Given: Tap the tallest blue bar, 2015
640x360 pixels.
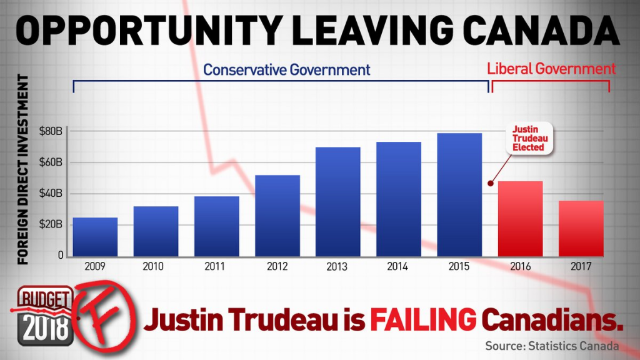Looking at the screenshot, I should [x=459, y=194].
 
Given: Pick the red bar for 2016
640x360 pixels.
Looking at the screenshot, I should [x=520, y=218].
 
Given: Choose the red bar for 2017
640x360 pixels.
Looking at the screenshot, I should [x=581, y=228].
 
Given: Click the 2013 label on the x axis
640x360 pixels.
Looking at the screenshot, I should [x=337, y=266].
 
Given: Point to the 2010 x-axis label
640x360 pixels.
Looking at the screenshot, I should [x=156, y=266].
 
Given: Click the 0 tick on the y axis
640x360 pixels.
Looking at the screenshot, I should [x=61, y=255].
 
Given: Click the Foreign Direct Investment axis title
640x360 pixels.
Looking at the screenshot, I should [x=24, y=169].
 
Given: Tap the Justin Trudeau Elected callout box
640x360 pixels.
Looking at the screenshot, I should [x=529, y=138].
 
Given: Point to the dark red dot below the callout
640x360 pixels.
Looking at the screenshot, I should [x=491, y=183].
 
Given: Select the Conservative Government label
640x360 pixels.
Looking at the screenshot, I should [x=287, y=69].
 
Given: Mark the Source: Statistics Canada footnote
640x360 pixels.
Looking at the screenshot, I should [x=552, y=346].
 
